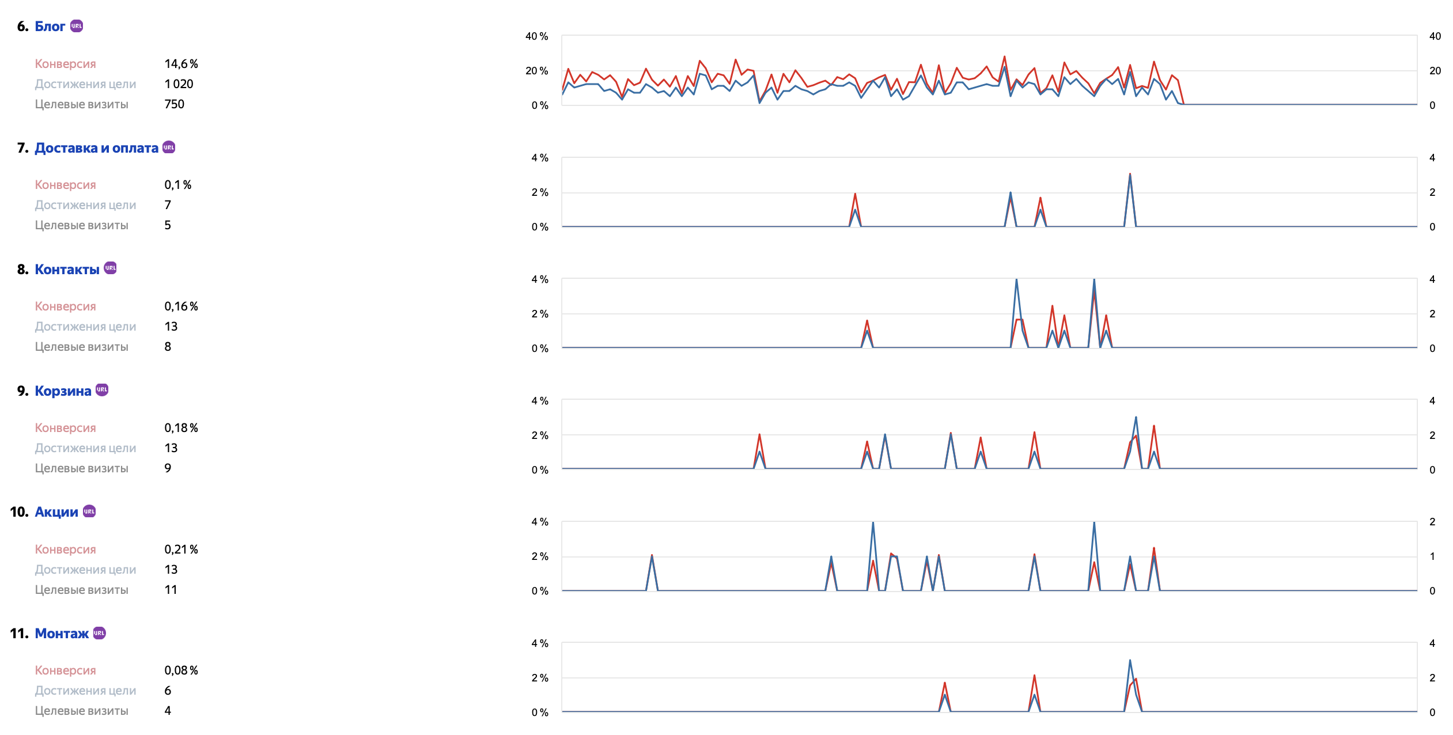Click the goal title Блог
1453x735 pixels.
pyautogui.click(x=50, y=26)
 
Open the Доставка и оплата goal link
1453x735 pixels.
pyautogui.click(x=96, y=148)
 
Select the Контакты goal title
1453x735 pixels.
pyautogui.click(x=67, y=270)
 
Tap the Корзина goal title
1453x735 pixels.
pyautogui.click(x=63, y=391)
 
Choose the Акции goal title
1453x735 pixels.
pyautogui.click(x=56, y=512)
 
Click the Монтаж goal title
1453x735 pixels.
pyautogui.click(x=62, y=634)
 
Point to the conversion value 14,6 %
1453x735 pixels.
pyautogui.click(x=181, y=64)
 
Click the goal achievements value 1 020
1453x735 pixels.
pyautogui.click(x=179, y=84)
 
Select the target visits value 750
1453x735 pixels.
pyautogui.click(x=174, y=104)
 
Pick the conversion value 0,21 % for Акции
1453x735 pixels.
pyautogui.click(x=181, y=550)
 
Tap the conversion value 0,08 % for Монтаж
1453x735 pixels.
pyautogui.click(x=181, y=670)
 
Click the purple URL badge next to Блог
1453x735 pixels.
pyautogui.click(x=77, y=26)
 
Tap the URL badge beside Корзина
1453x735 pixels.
pyautogui.click(x=102, y=390)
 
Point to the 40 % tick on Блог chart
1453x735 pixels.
pyautogui.click(x=536, y=36)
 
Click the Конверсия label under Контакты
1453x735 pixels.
pyautogui.click(x=65, y=306)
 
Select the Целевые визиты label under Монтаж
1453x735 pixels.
pyautogui.click(x=81, y=711)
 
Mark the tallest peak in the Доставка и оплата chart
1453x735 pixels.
pyautogui.click(x=1130, y=175)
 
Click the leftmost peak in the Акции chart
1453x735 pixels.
pyautogui.click(x=652, y=556)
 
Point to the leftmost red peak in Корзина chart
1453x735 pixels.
pyautogui.click(x=759, y=435)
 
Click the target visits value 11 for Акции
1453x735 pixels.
pyautogui.click(x=171, y=590)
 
